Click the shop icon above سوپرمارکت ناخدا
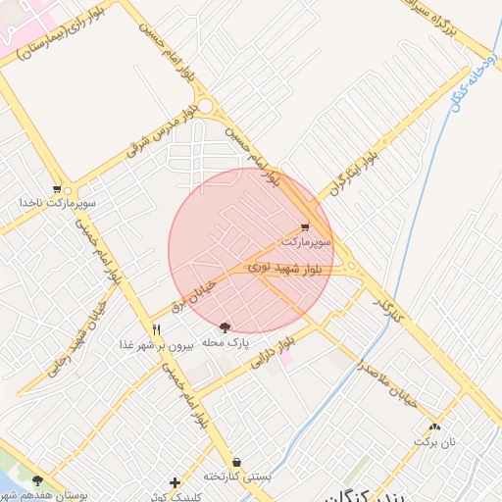[57, 189]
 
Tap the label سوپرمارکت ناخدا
[56, 203]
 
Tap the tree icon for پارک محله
[226, 327]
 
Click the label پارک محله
[226, 342]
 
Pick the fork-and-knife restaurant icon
[156, 329]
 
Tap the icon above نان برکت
[434, 427]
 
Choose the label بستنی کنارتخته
[236, 476]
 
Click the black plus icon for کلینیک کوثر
[175, 482]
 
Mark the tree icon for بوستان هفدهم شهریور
[37, 480]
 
